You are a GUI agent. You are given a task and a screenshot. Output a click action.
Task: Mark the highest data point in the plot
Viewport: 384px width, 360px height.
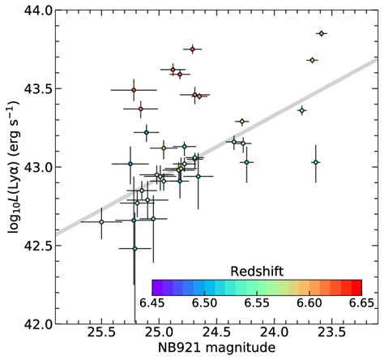[x=322, y=33]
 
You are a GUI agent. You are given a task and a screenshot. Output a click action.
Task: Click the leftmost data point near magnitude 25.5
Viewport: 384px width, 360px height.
[x=101, y=221]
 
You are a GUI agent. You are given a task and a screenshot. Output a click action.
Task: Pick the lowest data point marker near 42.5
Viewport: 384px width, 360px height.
[x=134, y=248]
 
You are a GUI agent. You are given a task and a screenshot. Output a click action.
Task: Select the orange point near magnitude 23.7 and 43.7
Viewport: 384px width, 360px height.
[x=312, y=60]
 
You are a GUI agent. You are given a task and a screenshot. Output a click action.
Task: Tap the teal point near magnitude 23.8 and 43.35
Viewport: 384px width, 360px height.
[x=302, y=110]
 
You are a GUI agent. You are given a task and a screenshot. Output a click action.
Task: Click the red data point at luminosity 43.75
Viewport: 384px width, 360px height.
[x=192, y=49]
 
